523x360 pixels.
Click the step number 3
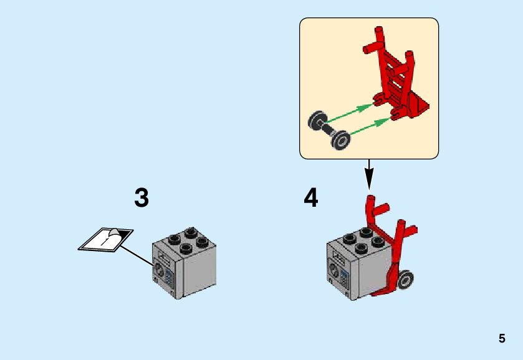(x=142, y=198)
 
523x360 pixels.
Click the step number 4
(x=310, y=198)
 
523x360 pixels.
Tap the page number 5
(x=502, y=339)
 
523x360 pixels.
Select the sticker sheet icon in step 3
(x=105, y=240)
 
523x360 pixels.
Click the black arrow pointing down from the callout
(x=369, y=174)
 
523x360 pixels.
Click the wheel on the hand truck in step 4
(x=406, y=280)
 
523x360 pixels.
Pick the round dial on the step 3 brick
(x=159, y=270)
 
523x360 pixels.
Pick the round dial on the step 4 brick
(x=333, y=271)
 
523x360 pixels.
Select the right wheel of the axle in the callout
(x=340, y=140)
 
